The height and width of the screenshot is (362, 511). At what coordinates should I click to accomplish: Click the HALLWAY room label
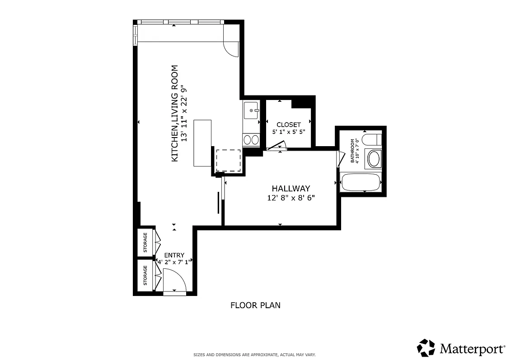point(291,188)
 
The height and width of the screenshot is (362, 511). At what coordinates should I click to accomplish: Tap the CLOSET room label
point(288,124)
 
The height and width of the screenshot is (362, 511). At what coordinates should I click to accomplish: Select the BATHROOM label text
point(353,151)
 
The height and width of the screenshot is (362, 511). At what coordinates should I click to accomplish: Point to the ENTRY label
point(174,255)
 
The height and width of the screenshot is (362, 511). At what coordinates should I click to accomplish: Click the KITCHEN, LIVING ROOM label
point(174,114)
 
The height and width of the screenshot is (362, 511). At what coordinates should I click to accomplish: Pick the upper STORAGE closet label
point(145,243)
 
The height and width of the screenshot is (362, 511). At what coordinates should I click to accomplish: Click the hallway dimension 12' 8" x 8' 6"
point(291,198)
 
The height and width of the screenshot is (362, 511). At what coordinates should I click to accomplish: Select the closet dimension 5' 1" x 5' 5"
point(288,132)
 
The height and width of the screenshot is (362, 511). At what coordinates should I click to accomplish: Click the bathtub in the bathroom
point(361,182)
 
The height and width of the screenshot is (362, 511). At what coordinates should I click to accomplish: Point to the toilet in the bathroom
point(372,139)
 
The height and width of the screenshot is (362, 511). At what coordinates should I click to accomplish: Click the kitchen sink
point(251,110)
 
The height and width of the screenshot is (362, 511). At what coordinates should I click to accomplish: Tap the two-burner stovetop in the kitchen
point(251,140)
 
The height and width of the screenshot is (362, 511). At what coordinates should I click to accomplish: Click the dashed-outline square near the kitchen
point(228,160)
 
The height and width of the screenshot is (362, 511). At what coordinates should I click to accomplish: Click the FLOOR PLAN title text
point(255,305)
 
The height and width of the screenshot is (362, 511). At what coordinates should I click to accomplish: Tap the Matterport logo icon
point(426,348)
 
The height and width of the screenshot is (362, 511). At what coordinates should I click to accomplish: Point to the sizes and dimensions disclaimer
point(254,355)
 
